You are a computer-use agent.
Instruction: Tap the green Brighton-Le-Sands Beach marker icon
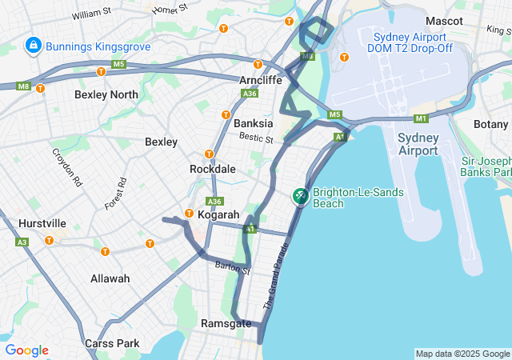[x=301, y=195]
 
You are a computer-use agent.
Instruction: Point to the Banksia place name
[x=253, y=124]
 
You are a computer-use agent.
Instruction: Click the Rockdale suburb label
[x=212, y=170]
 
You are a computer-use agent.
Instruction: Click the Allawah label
[x=110, y=278]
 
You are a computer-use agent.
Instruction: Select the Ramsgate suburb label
[x=226, y=323]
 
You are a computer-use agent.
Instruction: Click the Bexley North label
[x=106, y=94]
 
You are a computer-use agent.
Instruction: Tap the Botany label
[x=490, y=124]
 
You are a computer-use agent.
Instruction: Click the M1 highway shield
[x=422, y=118]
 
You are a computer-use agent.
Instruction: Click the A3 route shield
[x=22, y=242]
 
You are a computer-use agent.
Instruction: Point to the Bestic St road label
[x=256, y=139]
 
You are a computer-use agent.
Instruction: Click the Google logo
[x=26, y=350]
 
